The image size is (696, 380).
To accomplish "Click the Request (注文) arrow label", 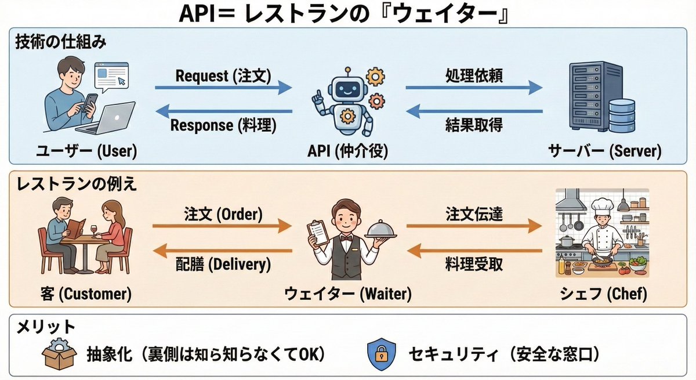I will click(223, 75).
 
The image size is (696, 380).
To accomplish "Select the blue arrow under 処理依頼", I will click(473, 88).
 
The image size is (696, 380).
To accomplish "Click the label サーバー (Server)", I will click(604, 151).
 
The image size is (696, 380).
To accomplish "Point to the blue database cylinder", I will click(622, 116).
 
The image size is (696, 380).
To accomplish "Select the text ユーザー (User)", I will click(86, 151).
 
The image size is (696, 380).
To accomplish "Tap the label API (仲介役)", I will click(347, 151).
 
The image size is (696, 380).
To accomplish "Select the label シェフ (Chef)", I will click(603, 294).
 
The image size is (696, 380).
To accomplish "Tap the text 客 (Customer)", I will click(87, 294).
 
